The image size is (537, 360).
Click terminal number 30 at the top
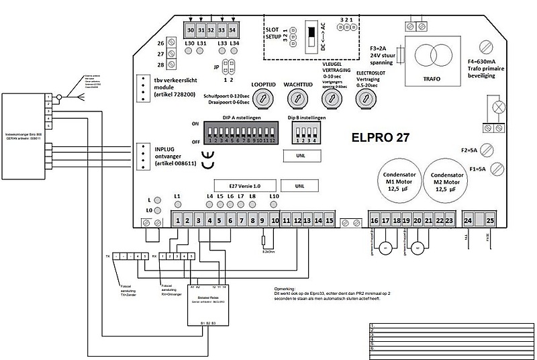[190, 31]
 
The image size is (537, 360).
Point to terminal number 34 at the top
[233, 31]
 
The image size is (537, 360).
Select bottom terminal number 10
[275, 220]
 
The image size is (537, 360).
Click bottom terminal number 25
[490, 220]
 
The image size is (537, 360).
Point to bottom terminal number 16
[374, 220]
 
